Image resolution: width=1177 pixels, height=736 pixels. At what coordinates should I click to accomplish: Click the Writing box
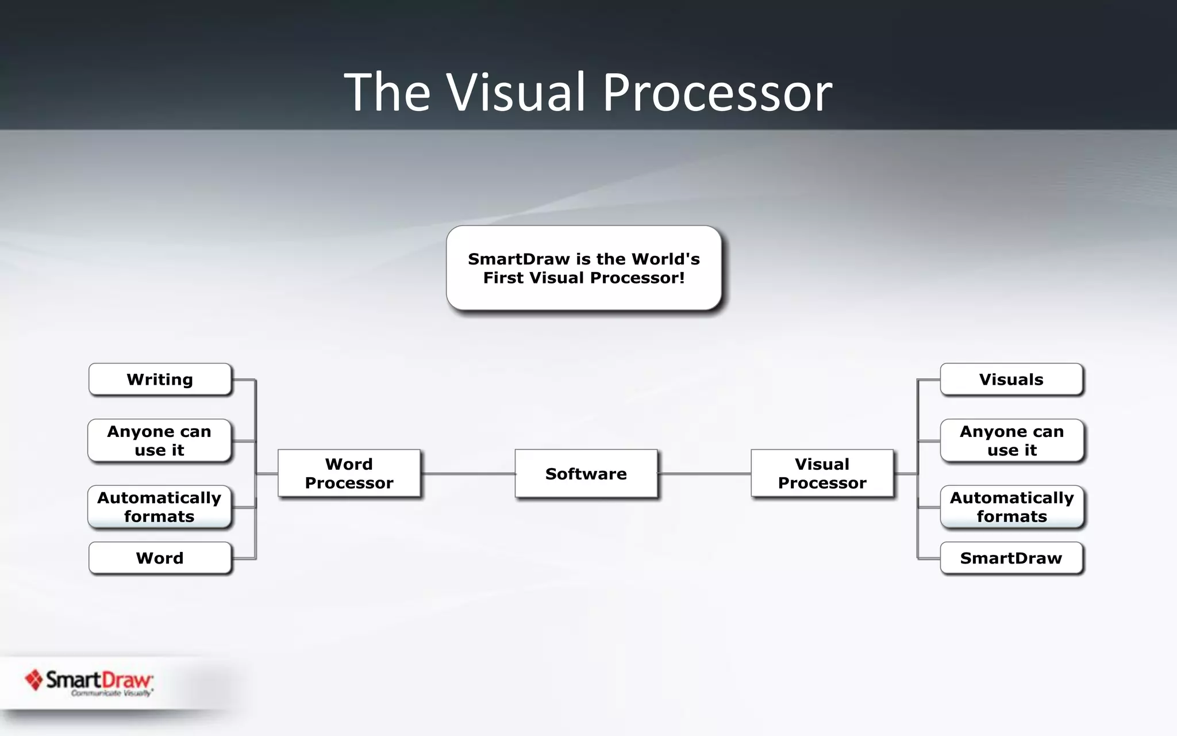pyautogui.click(x=160, y=379)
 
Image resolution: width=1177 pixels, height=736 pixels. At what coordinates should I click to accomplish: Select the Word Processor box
pyautogui.click(x=349, y=473)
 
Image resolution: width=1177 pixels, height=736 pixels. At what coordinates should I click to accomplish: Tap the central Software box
pyautogui.click(x=586, y=473)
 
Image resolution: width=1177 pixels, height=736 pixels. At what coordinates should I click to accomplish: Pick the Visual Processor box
pyautogui.click(x=822, y=473)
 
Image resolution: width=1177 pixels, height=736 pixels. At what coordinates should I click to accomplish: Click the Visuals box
pyautogui.click(x=1011, y=379)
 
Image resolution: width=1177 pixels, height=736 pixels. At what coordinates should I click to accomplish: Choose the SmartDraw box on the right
pyautogui.click(x=1011, y=558)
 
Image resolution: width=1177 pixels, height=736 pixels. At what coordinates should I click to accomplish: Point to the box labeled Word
pyautogui.click(x=160, y=558)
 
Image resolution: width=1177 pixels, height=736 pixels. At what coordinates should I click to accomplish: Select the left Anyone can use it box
pyautogui.click(x=159, y=440)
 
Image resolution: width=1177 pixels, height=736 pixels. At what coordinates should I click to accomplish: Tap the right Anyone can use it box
pyautogui.click(x=1011, y=440)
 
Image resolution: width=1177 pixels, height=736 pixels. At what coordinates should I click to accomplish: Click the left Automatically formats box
pyautogui.click(x=159, y=507)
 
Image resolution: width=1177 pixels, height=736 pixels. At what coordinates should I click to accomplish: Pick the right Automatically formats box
pyautogui.click(x=1011, y=507)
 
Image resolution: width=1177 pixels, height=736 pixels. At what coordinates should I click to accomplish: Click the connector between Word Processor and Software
pyautogui.click(x=468, y=474)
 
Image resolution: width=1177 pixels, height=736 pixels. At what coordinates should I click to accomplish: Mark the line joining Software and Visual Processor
pyautogui.click(x=704, y=474)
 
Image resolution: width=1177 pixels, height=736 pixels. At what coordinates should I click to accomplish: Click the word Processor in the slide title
pyautogui.click(x=717, y=92)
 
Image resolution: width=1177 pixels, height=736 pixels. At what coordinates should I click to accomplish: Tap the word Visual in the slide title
pyautogui.click(x=516, y=92)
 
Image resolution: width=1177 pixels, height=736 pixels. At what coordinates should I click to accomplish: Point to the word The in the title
pyautogui.click(x=387, y=92)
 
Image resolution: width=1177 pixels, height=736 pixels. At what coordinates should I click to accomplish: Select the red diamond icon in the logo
pyautogui.click(x=34, y=680)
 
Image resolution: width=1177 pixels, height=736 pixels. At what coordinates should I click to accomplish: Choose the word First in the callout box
pyautogui.click(x=504, y=278)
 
